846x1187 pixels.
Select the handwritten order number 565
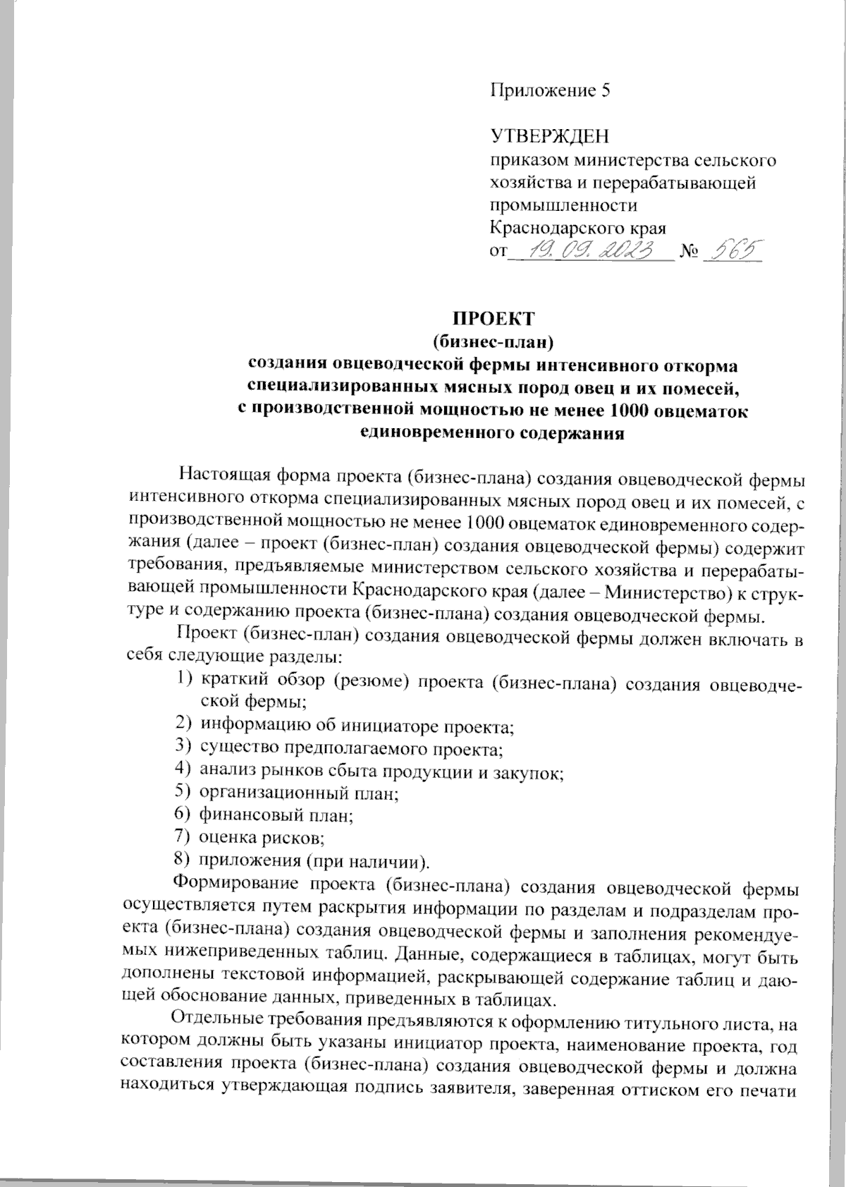click(x=733, y=249)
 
